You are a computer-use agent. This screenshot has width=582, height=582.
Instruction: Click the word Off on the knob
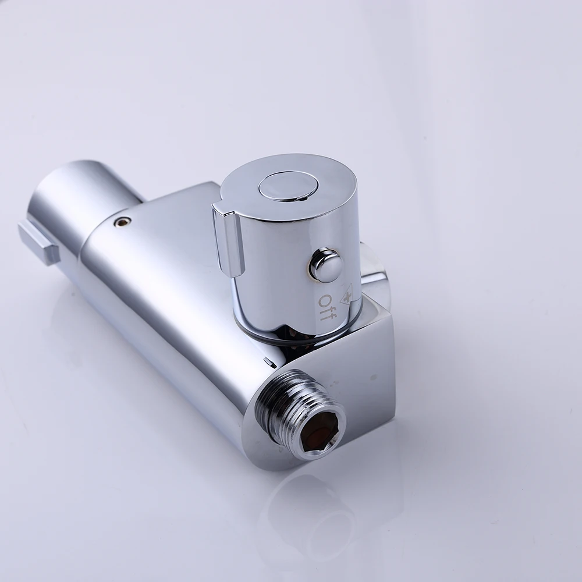point(327,307)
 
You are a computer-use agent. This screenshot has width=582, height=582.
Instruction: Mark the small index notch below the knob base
point(267,360)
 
